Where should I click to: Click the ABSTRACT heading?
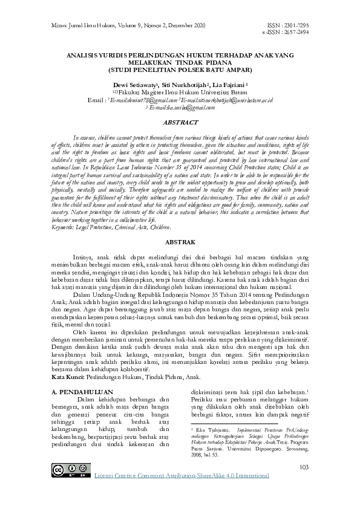click(x=180, y=122)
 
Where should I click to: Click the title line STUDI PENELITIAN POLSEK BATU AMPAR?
click(x=180, y=68)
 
